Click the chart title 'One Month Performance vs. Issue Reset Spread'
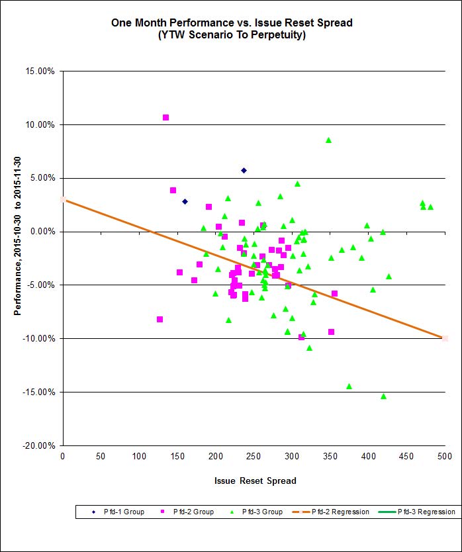[231, 23]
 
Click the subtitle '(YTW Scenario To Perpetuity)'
[231, 35]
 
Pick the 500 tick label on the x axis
[444, 456]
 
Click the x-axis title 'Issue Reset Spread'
[255, 481]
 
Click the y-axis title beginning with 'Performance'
[18, 258]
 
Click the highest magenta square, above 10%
[165, 117]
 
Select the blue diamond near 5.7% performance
[244, 170]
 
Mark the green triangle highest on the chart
[328, 140]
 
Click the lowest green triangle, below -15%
[383, 396]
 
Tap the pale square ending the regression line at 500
[445, 338]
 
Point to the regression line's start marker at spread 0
[63, 199]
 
